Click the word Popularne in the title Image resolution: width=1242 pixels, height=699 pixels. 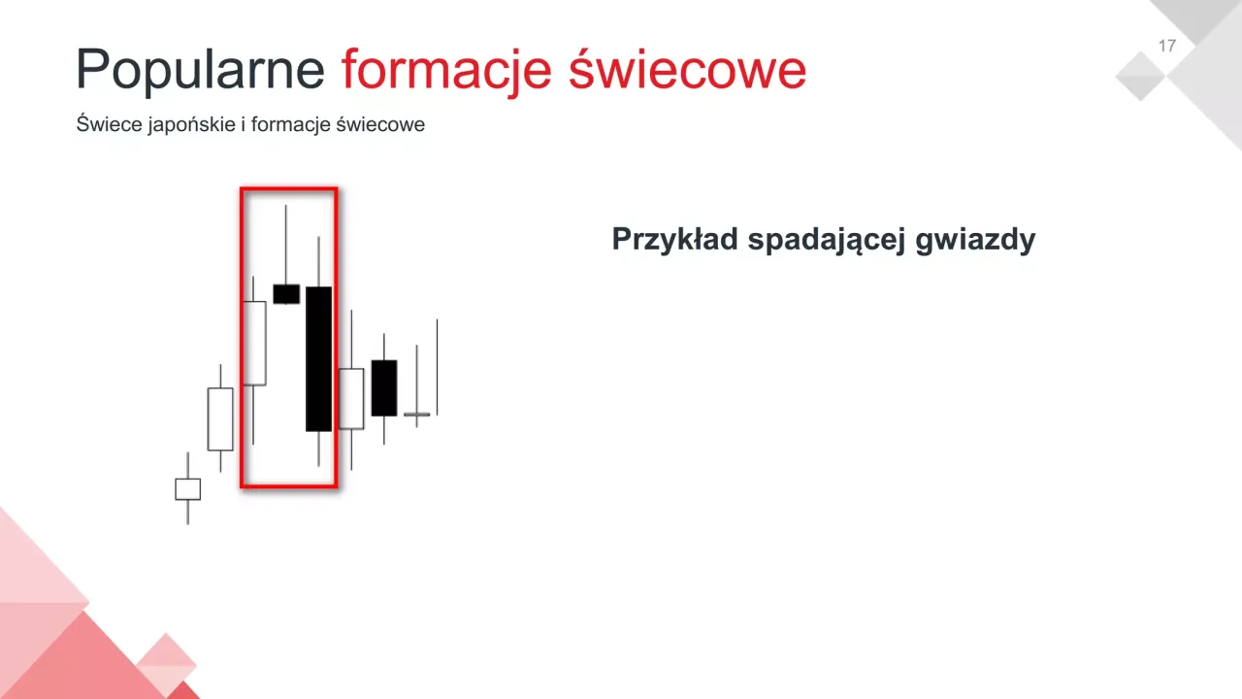200,70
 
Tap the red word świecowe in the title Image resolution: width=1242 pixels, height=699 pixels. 687,70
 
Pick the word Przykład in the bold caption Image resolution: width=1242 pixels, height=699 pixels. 674,240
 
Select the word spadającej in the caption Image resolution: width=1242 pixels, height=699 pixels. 826,240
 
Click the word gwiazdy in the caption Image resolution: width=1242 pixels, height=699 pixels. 975,240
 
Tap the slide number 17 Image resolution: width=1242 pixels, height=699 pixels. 1167,46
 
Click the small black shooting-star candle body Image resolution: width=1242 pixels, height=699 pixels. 286,294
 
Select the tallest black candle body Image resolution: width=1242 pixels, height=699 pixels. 318,358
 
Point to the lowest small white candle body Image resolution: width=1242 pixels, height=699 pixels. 187,489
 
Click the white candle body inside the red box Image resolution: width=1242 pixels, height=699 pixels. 254,343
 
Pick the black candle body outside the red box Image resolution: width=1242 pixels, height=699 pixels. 384,387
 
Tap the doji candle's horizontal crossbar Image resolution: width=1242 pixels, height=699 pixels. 416,415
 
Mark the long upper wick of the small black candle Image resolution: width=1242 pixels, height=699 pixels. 285,243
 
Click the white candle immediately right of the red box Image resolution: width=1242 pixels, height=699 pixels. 351,398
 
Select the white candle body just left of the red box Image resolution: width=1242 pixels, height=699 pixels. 220,418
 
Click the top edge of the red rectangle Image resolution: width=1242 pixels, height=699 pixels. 288,189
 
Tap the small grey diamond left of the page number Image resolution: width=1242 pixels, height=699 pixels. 1141,76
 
